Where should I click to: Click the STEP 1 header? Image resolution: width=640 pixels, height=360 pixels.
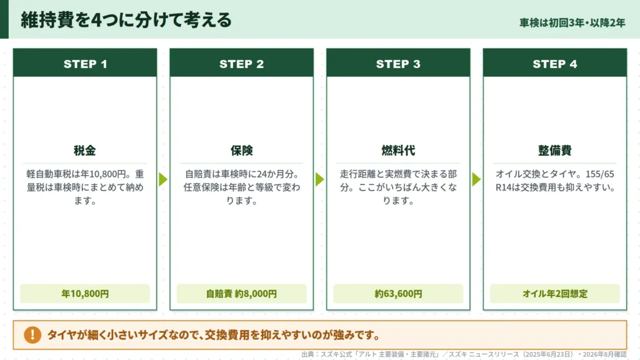pos(85,64)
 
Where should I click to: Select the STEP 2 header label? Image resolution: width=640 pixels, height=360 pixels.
pos(242,64)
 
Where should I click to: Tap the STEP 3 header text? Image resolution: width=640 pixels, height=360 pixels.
pos(398,64)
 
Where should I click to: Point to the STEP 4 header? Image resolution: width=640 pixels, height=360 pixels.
pos(555,64)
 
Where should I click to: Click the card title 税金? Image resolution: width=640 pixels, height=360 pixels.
pos(85,151)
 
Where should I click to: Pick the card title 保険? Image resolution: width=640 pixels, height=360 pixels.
pos(242,151)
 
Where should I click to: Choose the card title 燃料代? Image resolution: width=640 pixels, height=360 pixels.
pos(398,151)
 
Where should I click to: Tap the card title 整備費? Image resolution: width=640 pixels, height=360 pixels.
pos(555,151)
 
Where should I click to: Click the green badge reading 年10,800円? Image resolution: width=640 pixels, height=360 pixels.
pos(85,294)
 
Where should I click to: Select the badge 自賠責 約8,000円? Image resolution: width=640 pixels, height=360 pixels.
pos(242,294)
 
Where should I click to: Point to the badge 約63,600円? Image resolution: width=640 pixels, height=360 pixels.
pos(398,294)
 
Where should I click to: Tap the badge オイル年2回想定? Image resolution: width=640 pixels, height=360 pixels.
pos(555,294)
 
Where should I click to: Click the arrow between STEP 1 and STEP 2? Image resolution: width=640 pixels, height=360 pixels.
pos(163,179)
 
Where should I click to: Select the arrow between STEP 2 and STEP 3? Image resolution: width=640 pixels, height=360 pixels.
pos(319,179)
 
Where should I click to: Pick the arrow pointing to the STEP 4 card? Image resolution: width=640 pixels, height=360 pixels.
pos(476,179)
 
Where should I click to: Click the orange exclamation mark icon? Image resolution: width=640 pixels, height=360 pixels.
pos(32,335)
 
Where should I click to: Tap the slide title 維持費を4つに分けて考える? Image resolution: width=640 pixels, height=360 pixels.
pos(126,20)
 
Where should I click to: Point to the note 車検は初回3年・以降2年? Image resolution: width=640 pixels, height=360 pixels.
pos(572,23)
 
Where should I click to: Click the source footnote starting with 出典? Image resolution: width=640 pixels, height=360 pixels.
pos(464,354)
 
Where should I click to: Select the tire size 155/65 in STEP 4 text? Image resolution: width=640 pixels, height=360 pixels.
pos(599,174)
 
